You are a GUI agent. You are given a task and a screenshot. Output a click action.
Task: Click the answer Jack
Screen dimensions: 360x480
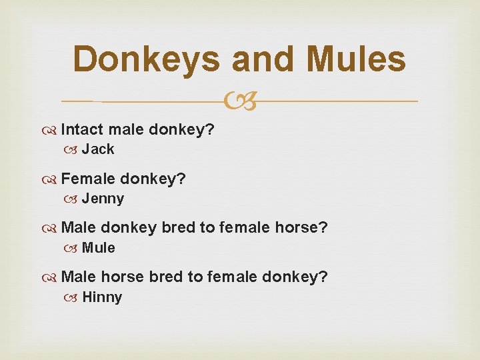coord(98,149)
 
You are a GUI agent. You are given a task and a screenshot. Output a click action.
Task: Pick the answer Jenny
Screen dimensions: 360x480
coord(103,199)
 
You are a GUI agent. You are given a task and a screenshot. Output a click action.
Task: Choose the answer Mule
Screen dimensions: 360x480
coord(99,248)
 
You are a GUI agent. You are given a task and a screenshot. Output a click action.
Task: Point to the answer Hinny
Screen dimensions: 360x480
coord(102,297)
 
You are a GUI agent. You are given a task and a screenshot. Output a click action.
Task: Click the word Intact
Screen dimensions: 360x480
coord(82,129)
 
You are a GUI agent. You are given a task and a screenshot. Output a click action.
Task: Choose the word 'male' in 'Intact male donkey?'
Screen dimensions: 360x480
coord(125,129)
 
